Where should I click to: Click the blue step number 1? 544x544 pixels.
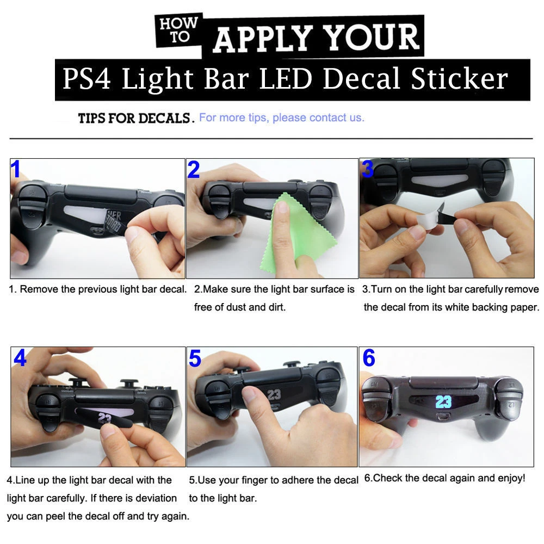click(x=16, y=169)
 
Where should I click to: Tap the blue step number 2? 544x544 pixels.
click(x=194, y=170)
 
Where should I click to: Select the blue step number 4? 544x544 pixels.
click(x=20, y=358)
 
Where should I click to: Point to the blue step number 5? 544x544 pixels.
click(x=195, y=358)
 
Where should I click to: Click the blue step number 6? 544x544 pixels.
click(x=369, y=358)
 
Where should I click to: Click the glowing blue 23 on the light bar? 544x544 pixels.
click(x=443, y=402)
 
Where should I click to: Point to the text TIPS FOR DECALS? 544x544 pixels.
click(x=135, y=118)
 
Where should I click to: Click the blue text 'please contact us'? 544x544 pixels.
click(x=318, y=118)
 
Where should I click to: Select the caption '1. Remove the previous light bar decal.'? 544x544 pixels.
click(x=98, y=289)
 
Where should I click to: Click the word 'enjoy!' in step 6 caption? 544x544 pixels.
click(x=511, y=479)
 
